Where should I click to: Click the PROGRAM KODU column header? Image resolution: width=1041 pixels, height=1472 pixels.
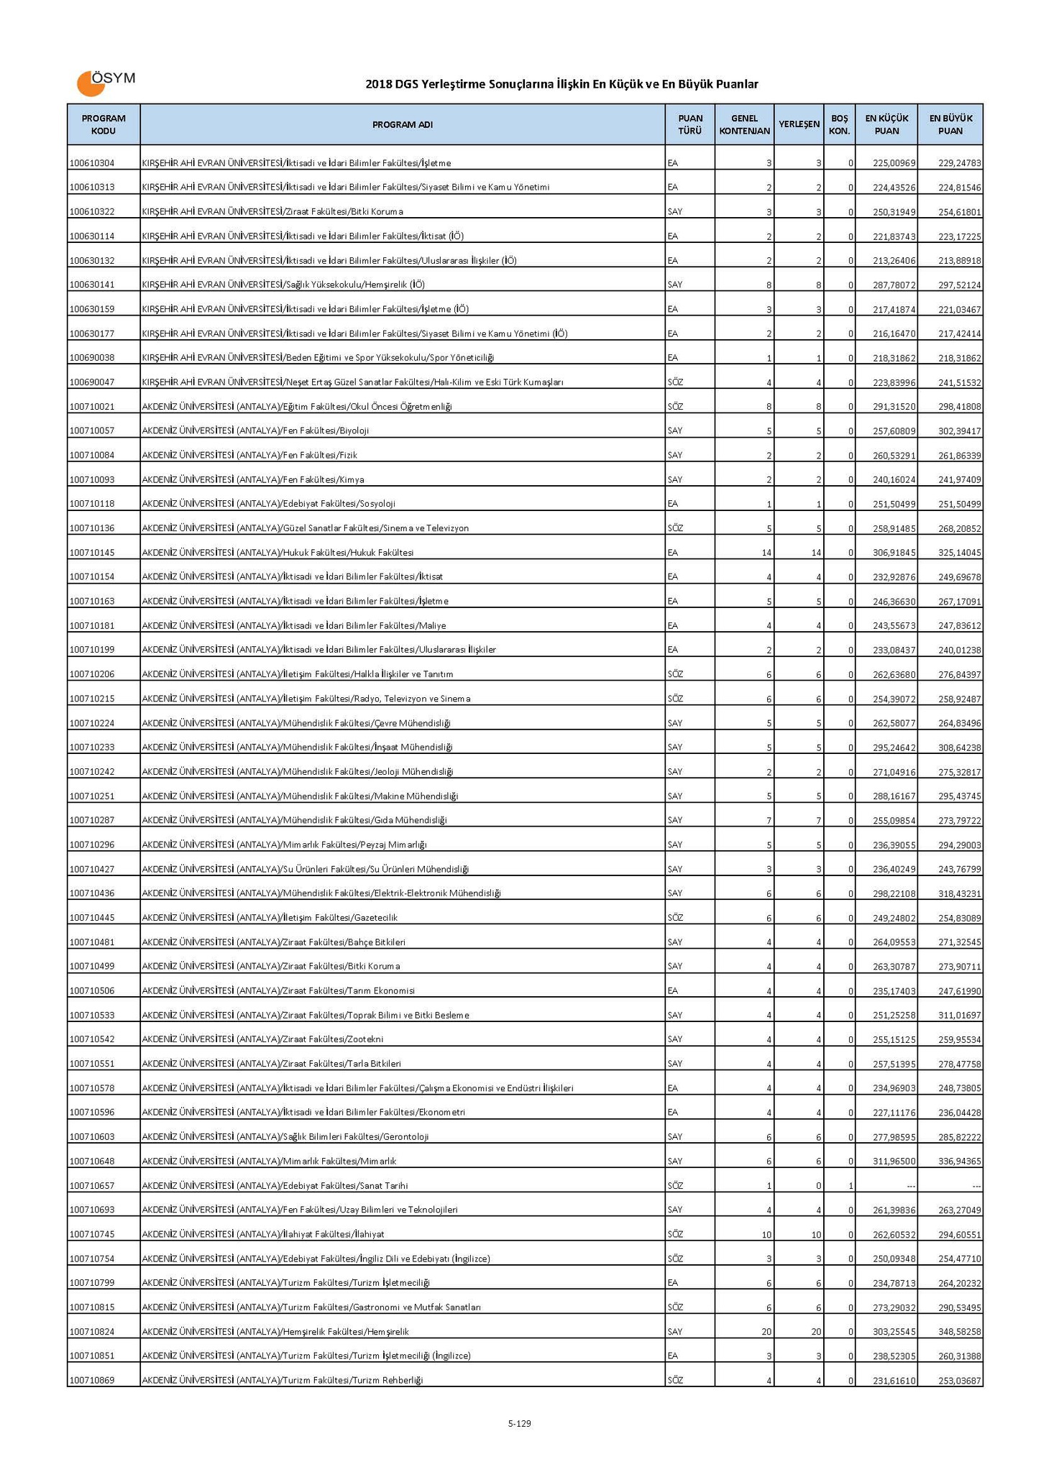104,124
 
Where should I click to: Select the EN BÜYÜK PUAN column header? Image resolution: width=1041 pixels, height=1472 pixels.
950,124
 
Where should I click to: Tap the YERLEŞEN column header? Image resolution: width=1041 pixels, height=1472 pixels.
799,124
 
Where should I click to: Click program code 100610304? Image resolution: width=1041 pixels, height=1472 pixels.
92,163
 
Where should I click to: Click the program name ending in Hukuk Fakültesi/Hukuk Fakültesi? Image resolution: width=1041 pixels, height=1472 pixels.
278,553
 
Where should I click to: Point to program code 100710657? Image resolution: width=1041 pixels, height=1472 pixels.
92,1186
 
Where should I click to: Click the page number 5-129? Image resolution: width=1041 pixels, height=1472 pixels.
519,1423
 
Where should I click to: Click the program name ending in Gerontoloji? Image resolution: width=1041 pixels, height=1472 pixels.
285,1137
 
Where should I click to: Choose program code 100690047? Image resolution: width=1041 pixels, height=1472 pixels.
92,382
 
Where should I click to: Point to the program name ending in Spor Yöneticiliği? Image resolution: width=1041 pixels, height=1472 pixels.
318,358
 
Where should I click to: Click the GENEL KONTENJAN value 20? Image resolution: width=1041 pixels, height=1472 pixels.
766,1332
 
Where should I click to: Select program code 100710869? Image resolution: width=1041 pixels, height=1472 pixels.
92,1381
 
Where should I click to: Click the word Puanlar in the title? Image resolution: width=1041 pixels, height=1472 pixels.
738,85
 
